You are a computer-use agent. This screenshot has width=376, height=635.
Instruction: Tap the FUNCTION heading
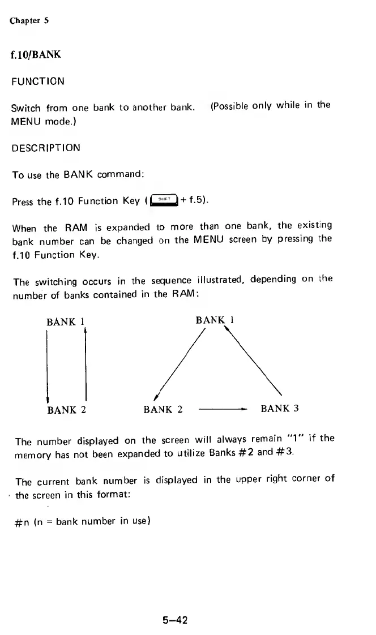click(37, 81)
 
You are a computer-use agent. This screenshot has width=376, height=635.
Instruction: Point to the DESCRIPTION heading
click(45, 148)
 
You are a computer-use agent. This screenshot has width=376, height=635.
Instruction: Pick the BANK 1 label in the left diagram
click(65, 323)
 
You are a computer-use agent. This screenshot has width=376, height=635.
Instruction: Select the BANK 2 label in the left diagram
click(66, 409)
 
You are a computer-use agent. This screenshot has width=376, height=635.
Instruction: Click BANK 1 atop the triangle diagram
click(215, 320)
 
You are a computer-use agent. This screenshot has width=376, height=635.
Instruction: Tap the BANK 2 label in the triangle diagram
click(163, 409)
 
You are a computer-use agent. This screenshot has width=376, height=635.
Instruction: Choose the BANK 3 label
click(279, 409)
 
